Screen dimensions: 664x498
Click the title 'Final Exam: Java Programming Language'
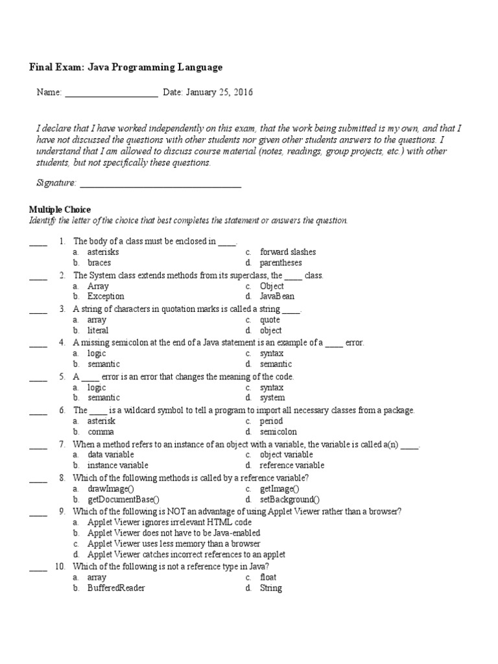(126, 67)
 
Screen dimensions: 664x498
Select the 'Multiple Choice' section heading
(60, 209)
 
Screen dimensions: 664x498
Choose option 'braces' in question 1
(99, 263)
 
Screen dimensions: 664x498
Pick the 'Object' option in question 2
(272, 286)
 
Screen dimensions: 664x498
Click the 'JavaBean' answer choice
(277, 296)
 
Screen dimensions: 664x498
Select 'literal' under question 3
(98, 330)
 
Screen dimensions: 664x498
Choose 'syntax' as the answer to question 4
(271, 353)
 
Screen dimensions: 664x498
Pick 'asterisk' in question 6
(101, 421)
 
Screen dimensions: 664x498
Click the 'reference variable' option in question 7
(292, 465)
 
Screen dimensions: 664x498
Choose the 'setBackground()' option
(290, 499)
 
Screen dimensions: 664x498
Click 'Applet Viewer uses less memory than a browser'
(174, 543)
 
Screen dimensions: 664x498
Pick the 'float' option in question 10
(268, 577)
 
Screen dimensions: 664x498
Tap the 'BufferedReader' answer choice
(116, 588)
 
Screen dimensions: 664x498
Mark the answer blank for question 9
(38, 513)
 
